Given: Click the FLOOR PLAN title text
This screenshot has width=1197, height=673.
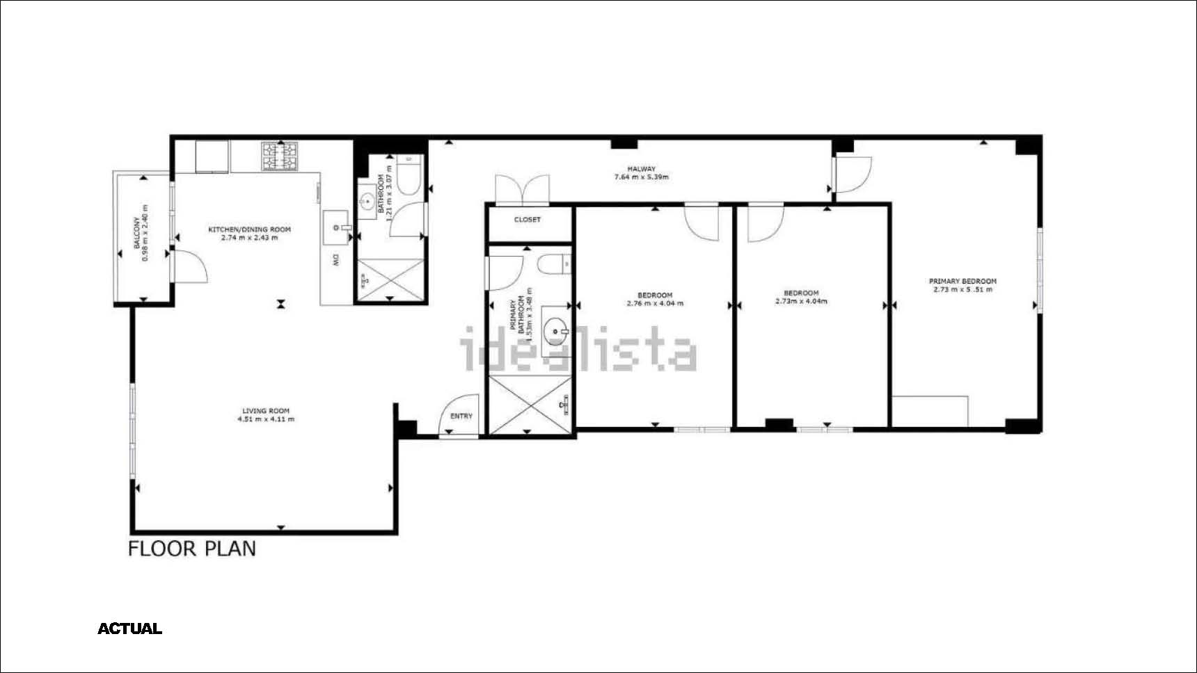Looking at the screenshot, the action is [192, 549].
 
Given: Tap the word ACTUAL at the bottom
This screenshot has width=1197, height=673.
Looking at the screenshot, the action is [130, 629].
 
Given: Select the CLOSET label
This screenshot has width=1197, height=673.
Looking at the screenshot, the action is [528, 220].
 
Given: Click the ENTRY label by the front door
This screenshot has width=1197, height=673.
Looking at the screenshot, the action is [461, 416].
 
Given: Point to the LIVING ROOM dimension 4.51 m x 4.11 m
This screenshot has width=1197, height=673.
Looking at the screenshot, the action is [266, 419].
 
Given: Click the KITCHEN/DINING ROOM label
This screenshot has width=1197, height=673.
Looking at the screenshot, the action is [250, 229].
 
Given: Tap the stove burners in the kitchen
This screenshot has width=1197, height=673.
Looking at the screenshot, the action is [280, 156].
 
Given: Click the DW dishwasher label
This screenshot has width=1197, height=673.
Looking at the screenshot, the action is [335, 261].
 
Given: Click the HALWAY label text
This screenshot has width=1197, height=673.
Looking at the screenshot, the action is [641, 169].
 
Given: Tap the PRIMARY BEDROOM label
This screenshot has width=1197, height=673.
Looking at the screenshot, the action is [963, 282].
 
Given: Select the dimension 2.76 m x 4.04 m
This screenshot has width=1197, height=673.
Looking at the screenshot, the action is [655, 303].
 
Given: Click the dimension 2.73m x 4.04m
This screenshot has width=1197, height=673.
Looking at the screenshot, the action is [801, 301].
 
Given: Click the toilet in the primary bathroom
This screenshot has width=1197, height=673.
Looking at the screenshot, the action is [555, 265].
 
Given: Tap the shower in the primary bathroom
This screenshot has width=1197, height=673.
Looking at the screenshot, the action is [530, 405].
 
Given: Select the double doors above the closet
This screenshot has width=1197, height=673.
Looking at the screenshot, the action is [522, 190].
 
